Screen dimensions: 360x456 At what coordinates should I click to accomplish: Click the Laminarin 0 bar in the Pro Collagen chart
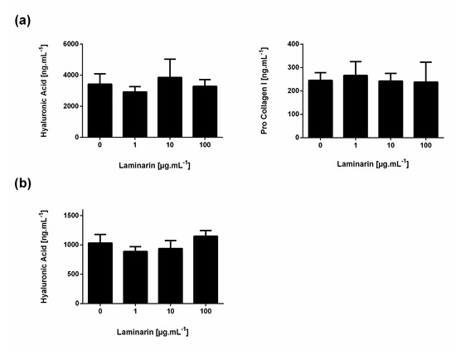[322, 108]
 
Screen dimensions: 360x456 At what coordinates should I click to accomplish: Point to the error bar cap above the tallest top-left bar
[169, 59]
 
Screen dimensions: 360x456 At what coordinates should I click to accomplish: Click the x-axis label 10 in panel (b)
[169, 313]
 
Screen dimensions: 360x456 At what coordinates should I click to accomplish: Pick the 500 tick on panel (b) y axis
[74, 274]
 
